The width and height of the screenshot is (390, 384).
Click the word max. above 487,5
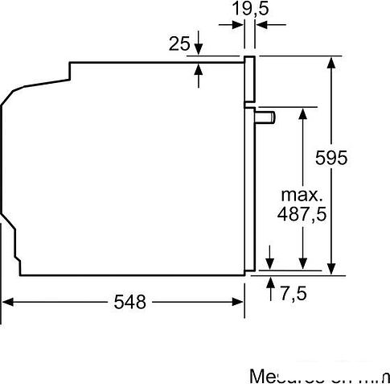tap(302, 195)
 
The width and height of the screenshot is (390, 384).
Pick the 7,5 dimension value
tap(294, 293)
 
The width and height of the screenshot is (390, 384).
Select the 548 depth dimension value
tap(129, 302)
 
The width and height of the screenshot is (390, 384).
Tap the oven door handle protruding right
tap(266, 118)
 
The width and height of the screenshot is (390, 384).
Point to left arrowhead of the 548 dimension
tap(8, 302)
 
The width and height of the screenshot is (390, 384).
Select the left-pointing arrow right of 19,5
tap(261, 26)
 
